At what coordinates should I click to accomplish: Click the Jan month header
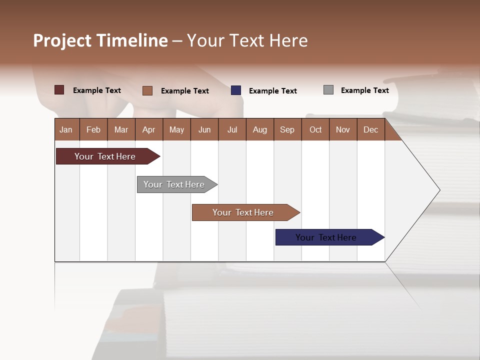pyautogui.click(x=66, y=129)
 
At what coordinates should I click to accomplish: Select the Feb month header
pyautogui.click(x=93, y=129)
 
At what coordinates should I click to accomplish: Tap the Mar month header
pyautogui.click(x=121, y=129)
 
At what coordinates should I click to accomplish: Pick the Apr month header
pyautogui.click(x=149, y=129)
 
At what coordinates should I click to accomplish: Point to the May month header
pyautogui.click(x=176, y=129)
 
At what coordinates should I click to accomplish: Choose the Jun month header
pyautogui.click(x=204, y=129)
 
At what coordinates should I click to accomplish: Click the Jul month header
pyautogui.click(x=232, y=129)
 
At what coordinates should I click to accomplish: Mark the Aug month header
pyautogui.click(x=260, y=129)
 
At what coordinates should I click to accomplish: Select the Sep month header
pyautogui.click(x=287, y=129)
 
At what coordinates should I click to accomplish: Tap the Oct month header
pyautogui.click(x=315, y=129)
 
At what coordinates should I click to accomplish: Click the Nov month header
pyautogui.click(x=343, y=129)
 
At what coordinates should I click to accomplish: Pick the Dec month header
pyautogui.click(x=371, y=129)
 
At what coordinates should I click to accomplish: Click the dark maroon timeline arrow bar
pyautogui.click(x=105, y=156)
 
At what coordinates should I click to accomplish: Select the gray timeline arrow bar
pyautogui.click(x=174, y=184)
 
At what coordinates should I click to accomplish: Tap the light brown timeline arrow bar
pyautogui.click(x=243, y=212)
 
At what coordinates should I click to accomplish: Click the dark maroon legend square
pyautogui.click(x=59, y=90)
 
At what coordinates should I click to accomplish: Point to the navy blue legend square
pyautogui.click(x=236, y=90)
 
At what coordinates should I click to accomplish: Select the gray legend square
pyautogui.click(x=328, y=90)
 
